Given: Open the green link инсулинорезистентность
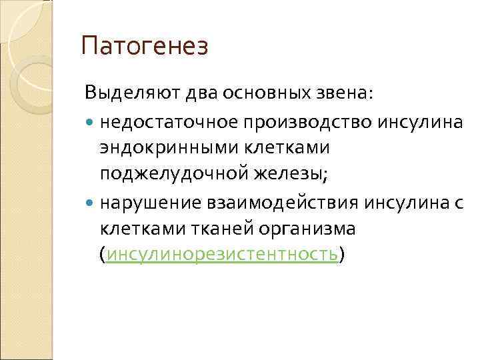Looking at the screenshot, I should (x=221, y=255).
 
